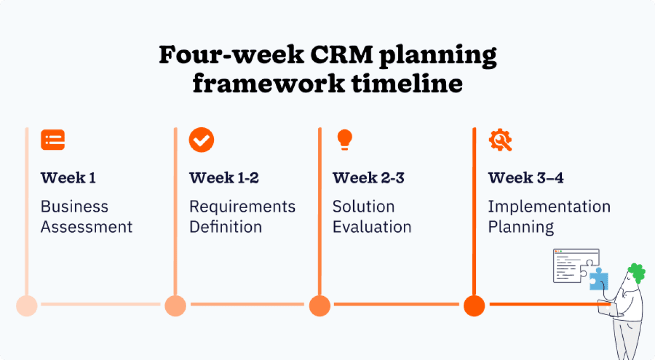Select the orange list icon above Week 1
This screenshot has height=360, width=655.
(53, 140)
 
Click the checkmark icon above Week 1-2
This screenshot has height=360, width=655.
(201, 140)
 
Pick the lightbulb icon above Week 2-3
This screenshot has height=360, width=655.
(344, 140)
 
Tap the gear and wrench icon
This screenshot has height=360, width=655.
(500, 140)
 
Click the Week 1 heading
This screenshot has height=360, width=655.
(68, 178)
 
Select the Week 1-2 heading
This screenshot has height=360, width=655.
(224, 178)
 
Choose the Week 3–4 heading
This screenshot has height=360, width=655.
(526, 178)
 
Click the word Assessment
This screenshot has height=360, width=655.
(86, 227)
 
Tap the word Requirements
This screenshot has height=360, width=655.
(242, 207)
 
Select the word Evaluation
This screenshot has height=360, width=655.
(372, 227)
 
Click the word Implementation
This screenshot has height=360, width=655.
(549, 207)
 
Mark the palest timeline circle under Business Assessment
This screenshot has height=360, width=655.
(27, 306)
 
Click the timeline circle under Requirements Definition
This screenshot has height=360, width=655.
(175, 306)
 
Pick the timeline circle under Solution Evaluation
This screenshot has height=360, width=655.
(320, 306)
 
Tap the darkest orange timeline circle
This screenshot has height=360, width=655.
(474, 306)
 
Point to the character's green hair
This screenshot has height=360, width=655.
(637, 272)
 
